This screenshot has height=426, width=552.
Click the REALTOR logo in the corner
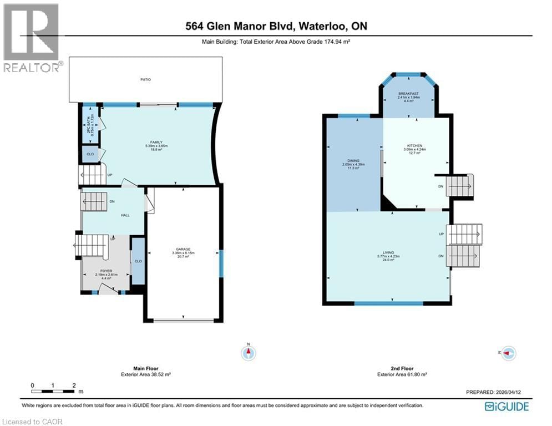click(x=31, y=38)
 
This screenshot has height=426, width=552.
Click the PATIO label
click(x=145, y=80)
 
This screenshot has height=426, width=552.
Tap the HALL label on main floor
click(x=125, y=215)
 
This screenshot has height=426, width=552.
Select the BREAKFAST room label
click(x=408, y=94)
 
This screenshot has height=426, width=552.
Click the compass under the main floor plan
click(x=249, y=353)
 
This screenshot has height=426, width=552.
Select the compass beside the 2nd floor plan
click(x=508, y=353)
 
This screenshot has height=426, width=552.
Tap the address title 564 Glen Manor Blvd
click(x=276, y=26)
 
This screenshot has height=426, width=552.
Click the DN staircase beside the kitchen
click(x=460, y=186)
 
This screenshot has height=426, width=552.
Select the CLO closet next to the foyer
click(x=138, y=261)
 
